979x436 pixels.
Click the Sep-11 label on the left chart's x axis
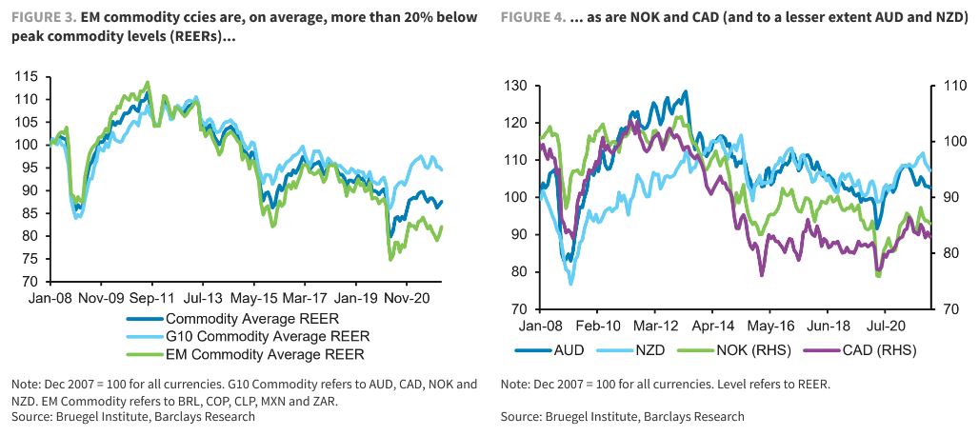click(x=150, y=297)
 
